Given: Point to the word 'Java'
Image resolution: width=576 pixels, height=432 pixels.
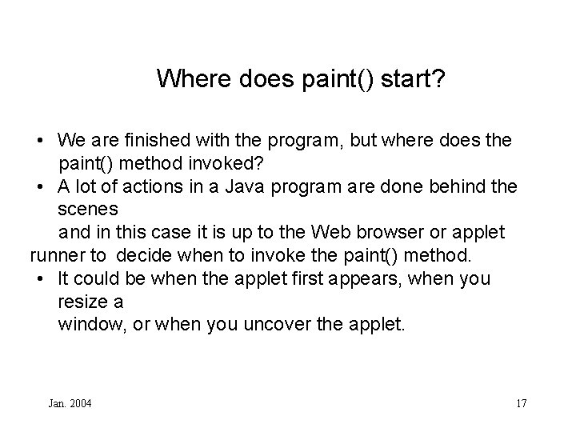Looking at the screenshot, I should click(246, 186).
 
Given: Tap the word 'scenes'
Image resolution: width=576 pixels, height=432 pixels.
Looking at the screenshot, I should click(88, 210).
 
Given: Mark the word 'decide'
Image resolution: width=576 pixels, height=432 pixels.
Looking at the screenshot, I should click(140, 256).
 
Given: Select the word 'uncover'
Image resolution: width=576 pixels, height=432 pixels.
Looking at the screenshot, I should click(298, 325).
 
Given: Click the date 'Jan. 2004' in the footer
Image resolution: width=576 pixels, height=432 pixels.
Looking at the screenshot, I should click(70, 403).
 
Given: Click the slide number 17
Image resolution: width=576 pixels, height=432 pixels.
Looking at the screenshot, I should click(522, 403).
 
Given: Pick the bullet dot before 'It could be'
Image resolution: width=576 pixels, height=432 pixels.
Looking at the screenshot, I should click(40, 279).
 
